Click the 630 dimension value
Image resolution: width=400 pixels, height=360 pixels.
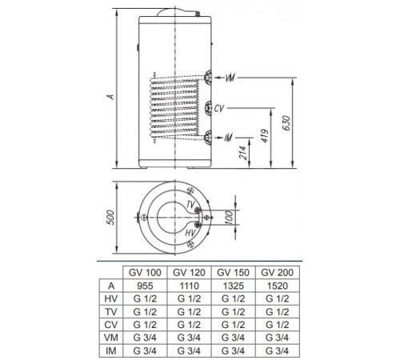[286, 123]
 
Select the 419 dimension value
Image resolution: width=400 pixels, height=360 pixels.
[265, 136]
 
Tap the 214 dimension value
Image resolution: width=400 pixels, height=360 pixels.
[243, 153]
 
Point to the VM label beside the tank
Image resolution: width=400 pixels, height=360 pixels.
[230, 78]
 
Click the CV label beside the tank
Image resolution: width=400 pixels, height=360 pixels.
[219, 109]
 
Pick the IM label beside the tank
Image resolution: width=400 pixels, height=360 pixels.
[228, 138]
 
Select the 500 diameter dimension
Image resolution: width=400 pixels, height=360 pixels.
[110, 218]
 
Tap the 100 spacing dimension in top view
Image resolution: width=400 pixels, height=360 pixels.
[229, 218]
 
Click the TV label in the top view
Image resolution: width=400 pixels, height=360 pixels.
[190, 205]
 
